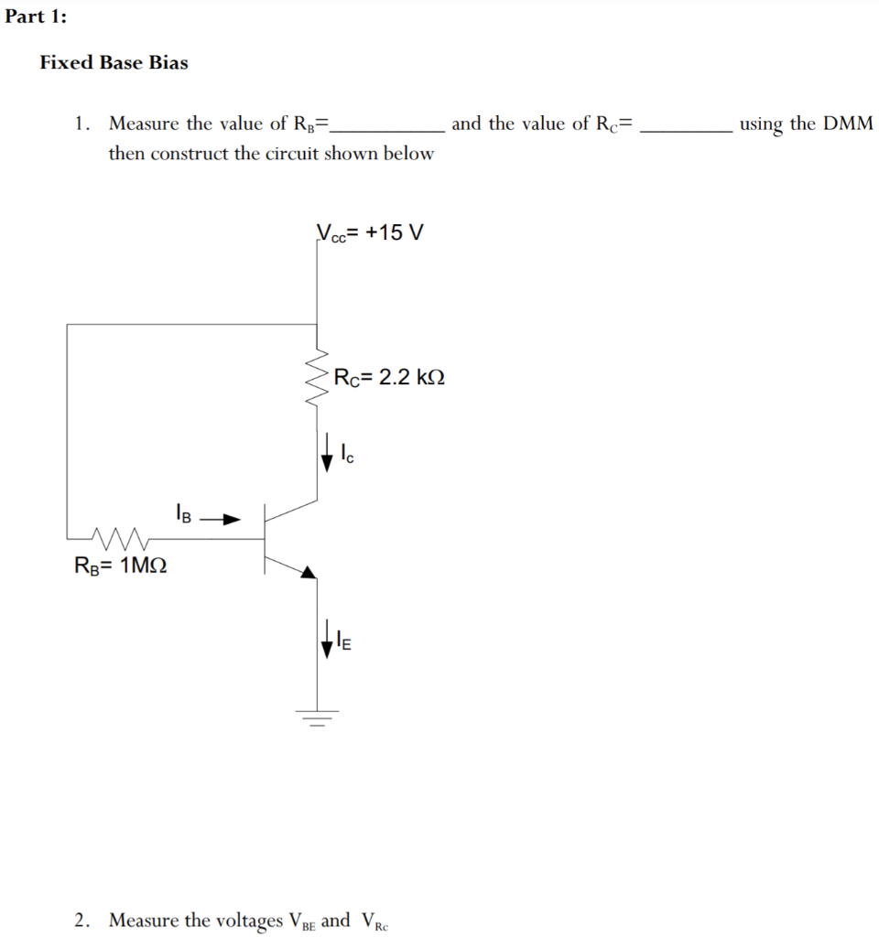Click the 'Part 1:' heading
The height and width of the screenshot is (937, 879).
point(36,17)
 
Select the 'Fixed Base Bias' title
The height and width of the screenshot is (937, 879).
point(114,63)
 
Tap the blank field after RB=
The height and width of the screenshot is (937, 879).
point(389,125)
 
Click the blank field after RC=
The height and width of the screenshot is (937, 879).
point(686,125)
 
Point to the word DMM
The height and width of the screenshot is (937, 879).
point(848,124)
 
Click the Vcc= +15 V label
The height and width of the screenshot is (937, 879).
point(370,232)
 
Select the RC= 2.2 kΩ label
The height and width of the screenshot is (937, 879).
point(390,377)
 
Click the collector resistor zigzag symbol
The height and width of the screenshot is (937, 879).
point(317,375)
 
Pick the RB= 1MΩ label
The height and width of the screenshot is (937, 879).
point(120,565)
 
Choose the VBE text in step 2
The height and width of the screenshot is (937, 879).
point(302,921)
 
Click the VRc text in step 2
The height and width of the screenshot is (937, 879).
point(374,921)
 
